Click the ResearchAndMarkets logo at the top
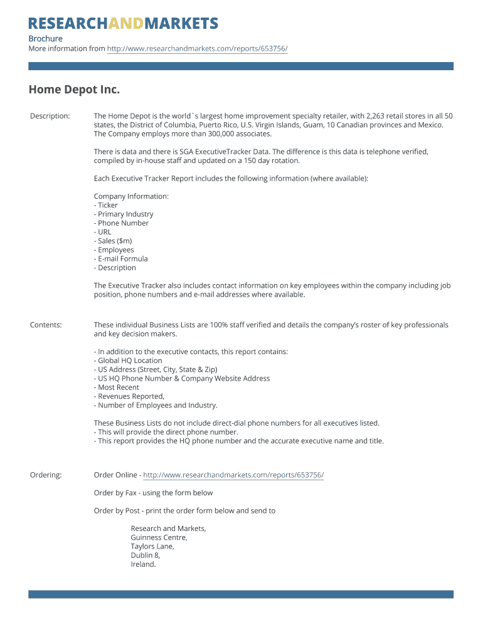(123, 24)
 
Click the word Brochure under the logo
(45, 39)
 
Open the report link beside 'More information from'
(197, 49)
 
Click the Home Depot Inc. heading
(74, 90)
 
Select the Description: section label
(50, 116)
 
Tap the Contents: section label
(46, 325)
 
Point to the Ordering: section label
(46, 475)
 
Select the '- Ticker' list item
(106, 205)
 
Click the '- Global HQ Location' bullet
(128, 360)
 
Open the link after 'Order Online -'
(233, 475)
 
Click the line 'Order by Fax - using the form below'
(153, 493)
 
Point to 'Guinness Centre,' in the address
(159, 537)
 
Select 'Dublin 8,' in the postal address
(146, 555)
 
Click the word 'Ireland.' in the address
(143, 564)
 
